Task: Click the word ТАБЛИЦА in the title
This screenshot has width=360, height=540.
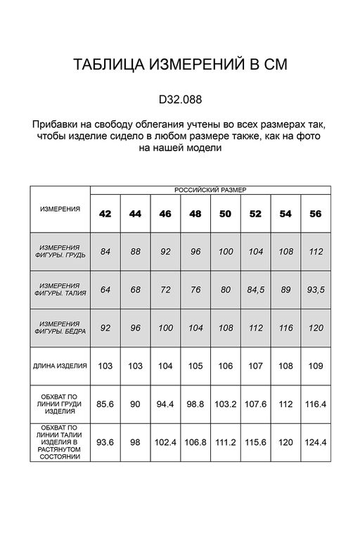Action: click(108, 65)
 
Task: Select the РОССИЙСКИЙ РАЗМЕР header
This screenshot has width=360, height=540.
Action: click(210, 190)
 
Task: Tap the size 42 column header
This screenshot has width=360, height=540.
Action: click(105, 214)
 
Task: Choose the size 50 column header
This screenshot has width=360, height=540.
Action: click(226, 214)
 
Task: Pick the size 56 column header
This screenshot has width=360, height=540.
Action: click(316, 214)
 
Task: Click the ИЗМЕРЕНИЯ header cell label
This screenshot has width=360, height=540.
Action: click(60, 210)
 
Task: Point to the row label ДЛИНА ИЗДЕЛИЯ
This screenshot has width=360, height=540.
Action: click(60, 366)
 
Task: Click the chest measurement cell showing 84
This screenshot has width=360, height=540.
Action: click(105, 252)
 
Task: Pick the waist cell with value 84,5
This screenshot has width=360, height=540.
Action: click(256, 289)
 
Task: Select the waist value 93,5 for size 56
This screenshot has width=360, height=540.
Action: click(316, 289)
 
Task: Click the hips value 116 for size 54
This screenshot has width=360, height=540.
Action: click(286, 327)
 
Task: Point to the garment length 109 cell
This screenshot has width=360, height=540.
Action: click(316, 366)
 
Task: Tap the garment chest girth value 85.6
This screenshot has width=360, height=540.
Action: click(105, 404)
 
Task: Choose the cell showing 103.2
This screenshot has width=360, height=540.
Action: click(226, 404)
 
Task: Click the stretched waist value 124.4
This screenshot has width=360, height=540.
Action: click(316, 442)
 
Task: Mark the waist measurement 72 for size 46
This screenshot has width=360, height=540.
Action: click(166, 289)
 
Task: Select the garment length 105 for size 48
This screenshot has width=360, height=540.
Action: click(196, 366)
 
